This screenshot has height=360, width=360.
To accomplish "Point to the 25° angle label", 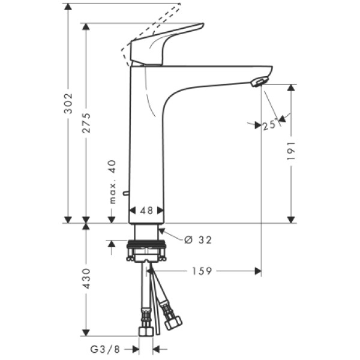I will [268, 125].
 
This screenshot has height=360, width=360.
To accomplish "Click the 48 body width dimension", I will [146, 211].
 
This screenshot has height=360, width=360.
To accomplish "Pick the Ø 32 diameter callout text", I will [198, 239].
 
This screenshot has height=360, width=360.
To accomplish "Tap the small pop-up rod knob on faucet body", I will [124, 193].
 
